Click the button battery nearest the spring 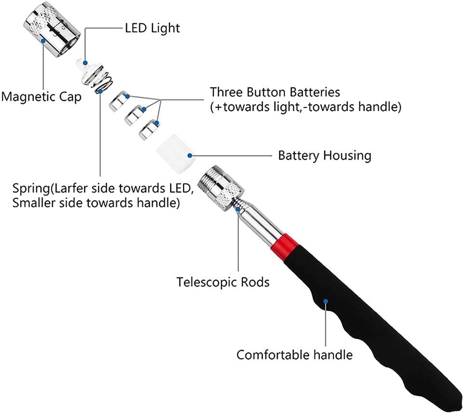[x=120, y=102]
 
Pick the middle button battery [x=135, y=115]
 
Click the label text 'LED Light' [x=152, y=28]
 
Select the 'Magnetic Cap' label [x=41, y=97]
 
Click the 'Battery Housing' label [x=325, y=155]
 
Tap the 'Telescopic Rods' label [x=223, y=282]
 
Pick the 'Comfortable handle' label [x=294, y=354]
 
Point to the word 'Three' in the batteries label [x=226, y=92]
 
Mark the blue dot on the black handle [x=326, y=301]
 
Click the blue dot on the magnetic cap [x=43, y=41]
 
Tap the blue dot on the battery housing [x=190, y=155]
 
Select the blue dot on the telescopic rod [x=238, y=209]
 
